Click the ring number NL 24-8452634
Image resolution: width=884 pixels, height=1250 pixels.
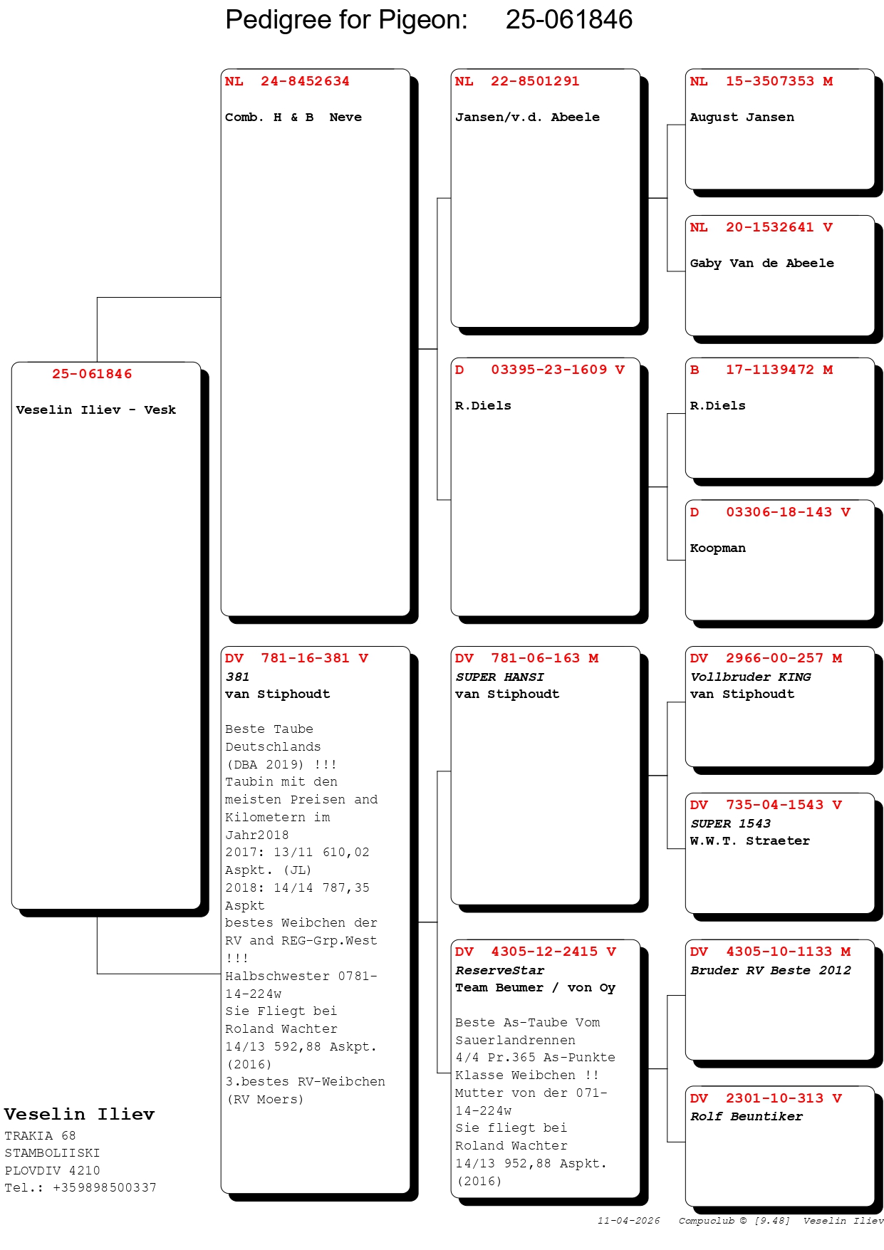[x=287, y=81]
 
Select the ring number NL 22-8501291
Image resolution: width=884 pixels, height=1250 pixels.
[x=517, y=81]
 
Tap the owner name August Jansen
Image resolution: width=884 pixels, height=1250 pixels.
[x=742, y=118]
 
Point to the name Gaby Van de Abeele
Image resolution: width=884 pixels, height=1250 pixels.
[x=761, y=264]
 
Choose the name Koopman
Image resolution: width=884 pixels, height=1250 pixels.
[x=717, y=548]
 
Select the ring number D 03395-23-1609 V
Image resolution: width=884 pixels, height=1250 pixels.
[x=540, y=370]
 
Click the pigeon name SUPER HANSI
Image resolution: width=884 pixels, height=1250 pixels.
[x=499, y=677]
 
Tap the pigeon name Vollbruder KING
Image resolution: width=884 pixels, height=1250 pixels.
[x=750, y=677]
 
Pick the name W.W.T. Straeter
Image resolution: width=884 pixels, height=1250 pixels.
[x=749, y=841]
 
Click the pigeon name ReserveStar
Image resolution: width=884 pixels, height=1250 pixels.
[x=499, y=971]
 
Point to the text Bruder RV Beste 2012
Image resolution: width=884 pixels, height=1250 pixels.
[x=770, y=971]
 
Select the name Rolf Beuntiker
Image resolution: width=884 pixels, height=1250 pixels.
[x=746, y=1117]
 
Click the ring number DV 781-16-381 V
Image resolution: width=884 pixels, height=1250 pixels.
[x=296, y=658]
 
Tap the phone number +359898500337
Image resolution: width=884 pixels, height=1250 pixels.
[x=104, y=1187]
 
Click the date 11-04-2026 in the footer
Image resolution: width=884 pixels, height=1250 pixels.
[x=628, y=1221]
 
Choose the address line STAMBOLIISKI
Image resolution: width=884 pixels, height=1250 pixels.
[x=52, y=1153]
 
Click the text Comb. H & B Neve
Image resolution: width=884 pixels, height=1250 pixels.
[x=293, y=118]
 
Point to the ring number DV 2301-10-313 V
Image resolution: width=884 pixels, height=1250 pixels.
[x=766, y=1098]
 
